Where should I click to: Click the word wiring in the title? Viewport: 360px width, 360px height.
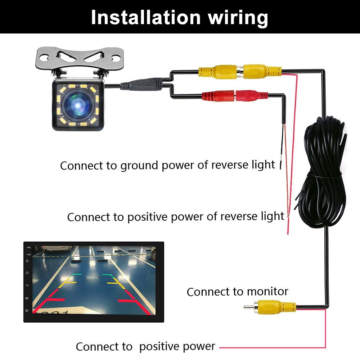(238, 19)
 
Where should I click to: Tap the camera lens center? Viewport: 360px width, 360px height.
(78, 105)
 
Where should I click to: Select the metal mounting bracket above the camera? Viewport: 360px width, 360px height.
(80, 59)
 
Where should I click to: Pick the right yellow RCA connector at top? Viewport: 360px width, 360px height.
(262, 72)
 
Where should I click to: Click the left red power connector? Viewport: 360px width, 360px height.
(218, 96)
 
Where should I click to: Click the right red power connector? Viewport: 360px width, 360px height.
(252, 95)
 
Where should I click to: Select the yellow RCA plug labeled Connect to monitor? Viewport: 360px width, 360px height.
(270, 307)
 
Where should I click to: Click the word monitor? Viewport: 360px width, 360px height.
(267, 292)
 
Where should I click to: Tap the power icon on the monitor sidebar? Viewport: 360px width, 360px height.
(27, 261)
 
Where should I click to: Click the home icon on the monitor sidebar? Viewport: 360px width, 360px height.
(27, 273)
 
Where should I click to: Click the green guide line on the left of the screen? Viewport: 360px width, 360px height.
(77, 274)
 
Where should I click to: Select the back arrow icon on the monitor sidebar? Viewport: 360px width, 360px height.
(27, 285)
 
